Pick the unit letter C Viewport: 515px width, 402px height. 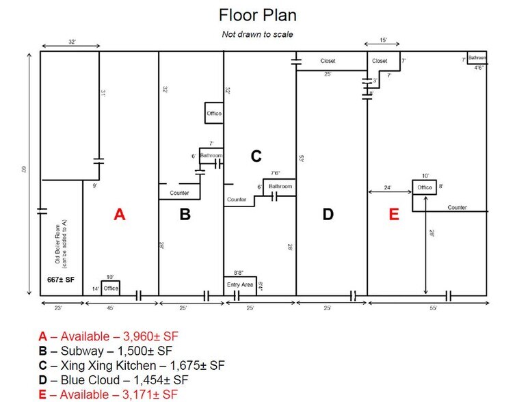256,157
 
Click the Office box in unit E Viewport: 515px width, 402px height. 425,187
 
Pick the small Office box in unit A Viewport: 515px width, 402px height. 111,288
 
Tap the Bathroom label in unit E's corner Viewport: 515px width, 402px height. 477,57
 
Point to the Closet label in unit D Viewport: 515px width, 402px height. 328,61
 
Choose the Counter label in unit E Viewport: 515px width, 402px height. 458,206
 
